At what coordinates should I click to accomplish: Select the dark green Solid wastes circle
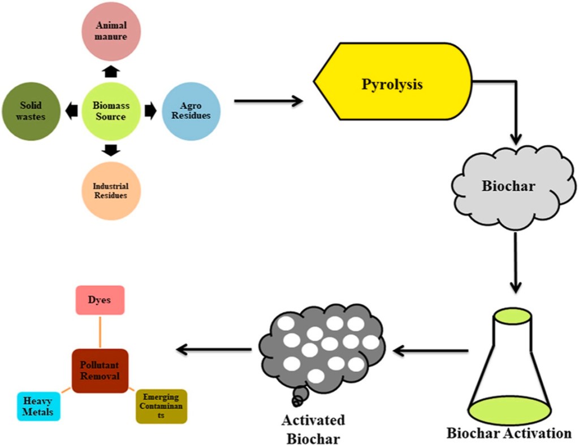click(31, 111)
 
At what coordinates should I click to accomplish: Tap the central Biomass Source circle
click(111, 111)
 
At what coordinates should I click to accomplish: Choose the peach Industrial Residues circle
click(111, 191)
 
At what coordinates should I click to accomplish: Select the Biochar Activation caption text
click(509, 434)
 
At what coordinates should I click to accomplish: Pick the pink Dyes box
click(100, 300)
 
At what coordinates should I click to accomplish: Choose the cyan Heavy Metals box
click(38, 407)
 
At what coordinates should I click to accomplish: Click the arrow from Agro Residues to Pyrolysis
click(269, 102)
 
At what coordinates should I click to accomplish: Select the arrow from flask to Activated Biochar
click(430, 351)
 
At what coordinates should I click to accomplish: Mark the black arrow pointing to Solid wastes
click(71, 111)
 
